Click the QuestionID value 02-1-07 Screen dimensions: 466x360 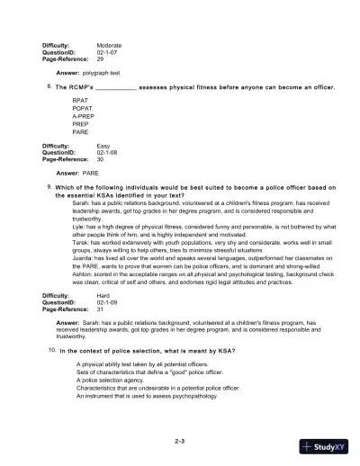[x=108, y=51]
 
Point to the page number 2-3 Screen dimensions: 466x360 [x=180, y=441]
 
